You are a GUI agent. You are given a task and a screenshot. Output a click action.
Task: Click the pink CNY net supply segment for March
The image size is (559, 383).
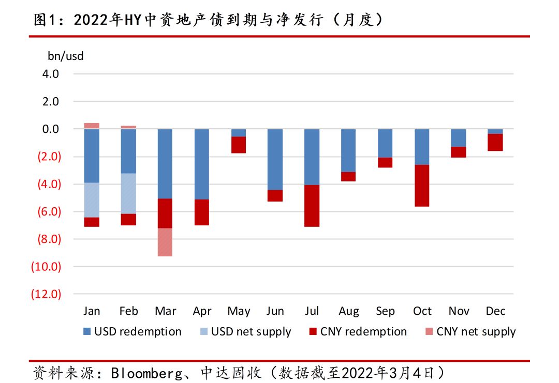coord(165,242)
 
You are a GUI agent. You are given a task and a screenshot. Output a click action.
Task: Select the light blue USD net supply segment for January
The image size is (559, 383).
coord(92,200)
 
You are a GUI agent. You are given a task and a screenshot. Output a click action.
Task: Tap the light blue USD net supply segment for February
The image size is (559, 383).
coord(128,194)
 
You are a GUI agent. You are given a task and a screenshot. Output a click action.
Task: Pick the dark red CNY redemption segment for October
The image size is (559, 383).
coord(422,186)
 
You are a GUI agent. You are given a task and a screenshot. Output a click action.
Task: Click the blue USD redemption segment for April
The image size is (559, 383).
coord(202,164)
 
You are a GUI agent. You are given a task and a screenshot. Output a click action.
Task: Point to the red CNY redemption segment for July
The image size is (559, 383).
coord(312,206)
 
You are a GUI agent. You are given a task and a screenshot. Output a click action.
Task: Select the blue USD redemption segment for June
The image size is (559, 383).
coord(275,160)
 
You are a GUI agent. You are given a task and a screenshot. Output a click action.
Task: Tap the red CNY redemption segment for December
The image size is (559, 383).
coord(495,142)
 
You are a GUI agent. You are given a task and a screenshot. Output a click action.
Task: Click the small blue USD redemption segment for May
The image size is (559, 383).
coord(239,133)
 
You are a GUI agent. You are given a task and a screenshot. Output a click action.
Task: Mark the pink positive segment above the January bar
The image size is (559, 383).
coord(92,126)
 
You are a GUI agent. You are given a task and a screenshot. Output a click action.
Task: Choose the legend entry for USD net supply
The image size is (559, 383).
coord(246,331)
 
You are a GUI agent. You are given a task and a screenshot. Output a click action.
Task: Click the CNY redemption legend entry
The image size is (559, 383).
coord(358,331)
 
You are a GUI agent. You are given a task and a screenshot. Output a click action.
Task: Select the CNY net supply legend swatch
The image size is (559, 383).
coord(429,331)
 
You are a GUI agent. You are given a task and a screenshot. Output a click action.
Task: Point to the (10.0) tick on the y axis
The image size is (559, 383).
coord(46,266)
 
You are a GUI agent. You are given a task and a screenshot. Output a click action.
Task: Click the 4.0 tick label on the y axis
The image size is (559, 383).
coord(50,74)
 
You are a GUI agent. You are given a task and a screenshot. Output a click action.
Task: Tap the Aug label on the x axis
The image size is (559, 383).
coord(349,312)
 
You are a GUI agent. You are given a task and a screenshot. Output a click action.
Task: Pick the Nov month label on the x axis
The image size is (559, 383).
coord(459,311)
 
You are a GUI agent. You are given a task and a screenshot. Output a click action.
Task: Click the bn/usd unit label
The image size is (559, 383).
coord(66,56)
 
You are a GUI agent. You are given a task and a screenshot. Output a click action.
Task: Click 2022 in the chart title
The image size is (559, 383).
coord(91,20)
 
